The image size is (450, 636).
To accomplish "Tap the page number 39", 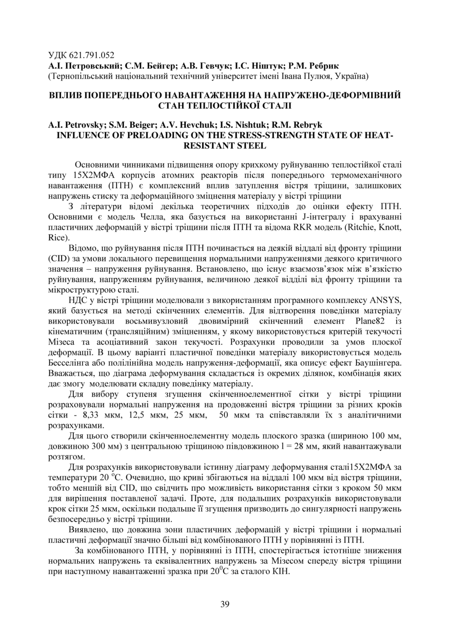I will pyautogui.click(x=225, y=604).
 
